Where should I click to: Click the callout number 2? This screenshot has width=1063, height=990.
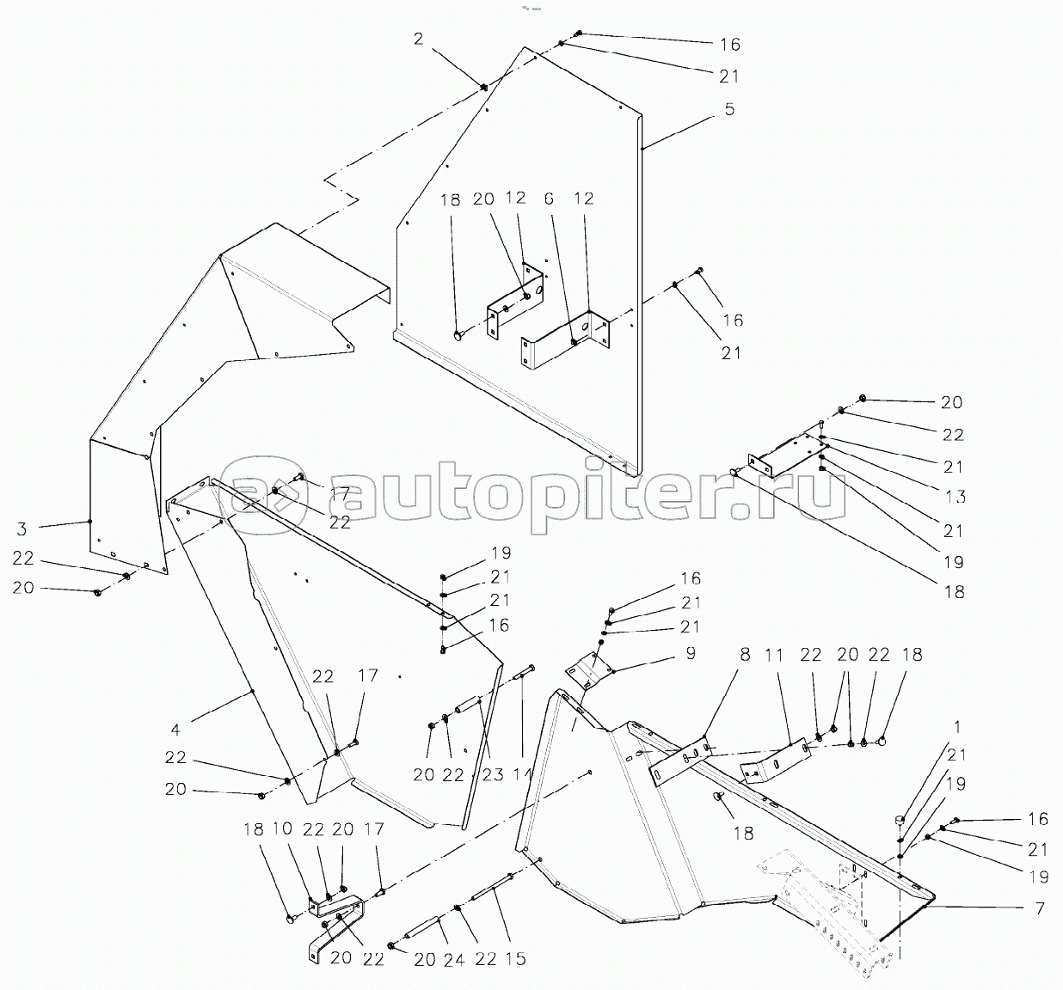(x=418, y=39)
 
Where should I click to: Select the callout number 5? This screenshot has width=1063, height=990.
(x=729, y=110)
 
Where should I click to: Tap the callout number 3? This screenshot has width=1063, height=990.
(x=22, y=529)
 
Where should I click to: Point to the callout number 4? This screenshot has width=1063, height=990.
(x=176, y=730)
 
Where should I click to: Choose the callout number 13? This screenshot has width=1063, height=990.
(x=954, y=498)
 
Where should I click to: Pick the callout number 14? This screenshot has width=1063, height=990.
(x=521, y=775)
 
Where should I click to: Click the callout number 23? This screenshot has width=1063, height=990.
(x=491, y=775)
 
